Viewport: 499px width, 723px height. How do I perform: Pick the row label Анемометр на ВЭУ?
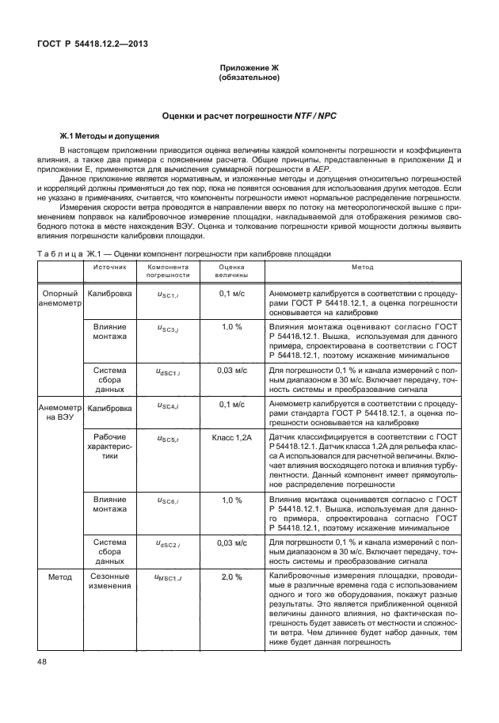pyautogui.click(x=59, y=413)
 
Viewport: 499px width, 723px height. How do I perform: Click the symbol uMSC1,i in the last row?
pyautogui.click(x=168, y=576)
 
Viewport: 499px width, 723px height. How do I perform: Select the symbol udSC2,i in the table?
pyautogui.click(x=168, y=542)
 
